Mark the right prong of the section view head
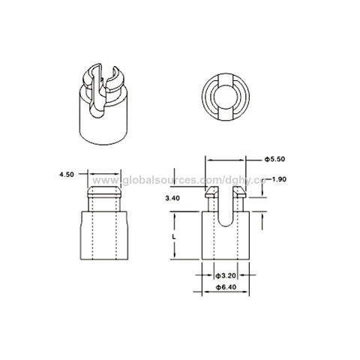point(240,199)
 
